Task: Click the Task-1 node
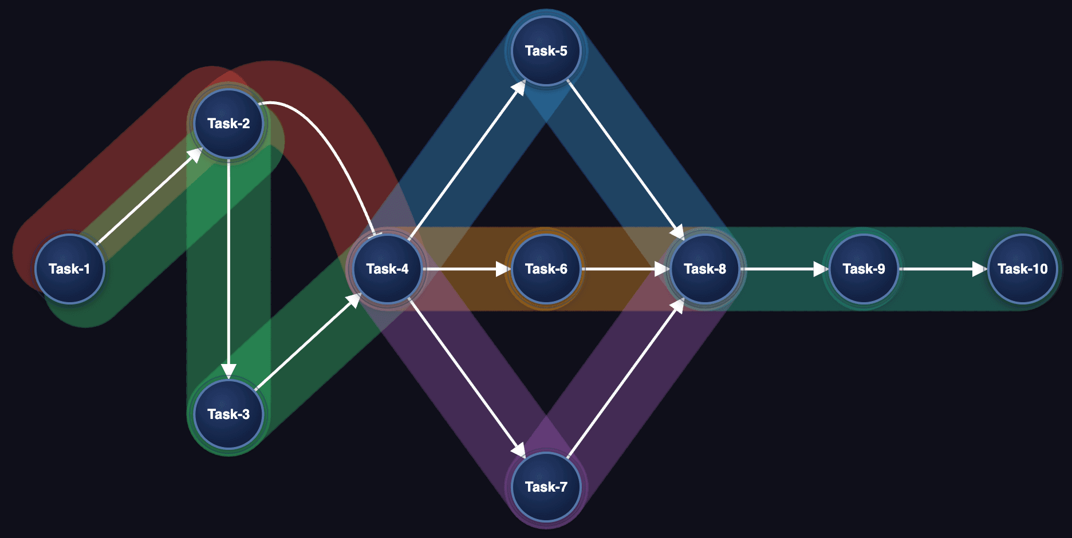(70, 268)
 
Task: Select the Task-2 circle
(228, 123)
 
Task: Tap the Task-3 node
(228, 414)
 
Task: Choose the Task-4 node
(388, 268)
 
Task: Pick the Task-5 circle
(546, 51)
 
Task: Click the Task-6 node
(546, 268)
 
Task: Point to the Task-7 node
(546, 486)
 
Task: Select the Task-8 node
(705, 268)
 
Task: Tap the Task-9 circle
(864, 268)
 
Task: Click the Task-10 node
(1023, 268)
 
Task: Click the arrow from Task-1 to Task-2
(149, 196)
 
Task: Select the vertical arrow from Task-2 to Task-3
(228, 269)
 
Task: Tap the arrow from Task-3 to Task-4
(308, 342)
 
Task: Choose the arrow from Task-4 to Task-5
(467, 160)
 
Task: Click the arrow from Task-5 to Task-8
(625, 160)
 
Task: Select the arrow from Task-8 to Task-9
(785, 268)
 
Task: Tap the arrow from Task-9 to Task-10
(943, 268)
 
